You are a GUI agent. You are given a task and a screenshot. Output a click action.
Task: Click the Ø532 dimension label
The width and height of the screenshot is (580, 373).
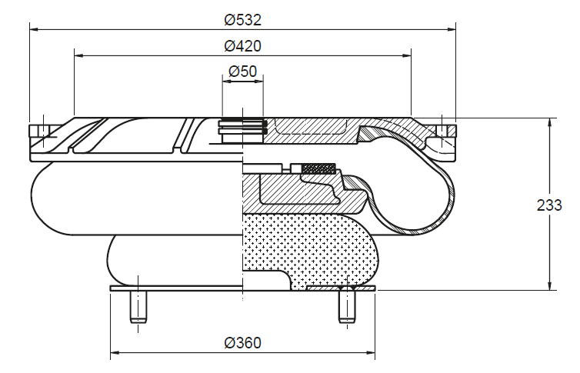click(242, 19)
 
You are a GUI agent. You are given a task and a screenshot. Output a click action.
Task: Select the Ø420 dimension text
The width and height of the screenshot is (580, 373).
click(242, 46)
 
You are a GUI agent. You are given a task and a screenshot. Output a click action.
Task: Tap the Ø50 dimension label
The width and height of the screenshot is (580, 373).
click(242, 71)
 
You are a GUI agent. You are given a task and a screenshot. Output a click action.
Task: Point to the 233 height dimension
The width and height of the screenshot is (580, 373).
click(549, 205)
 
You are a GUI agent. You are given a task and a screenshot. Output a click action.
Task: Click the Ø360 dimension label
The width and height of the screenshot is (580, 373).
click(242, 343)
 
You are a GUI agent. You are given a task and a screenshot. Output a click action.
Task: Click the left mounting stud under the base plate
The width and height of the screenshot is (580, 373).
click(138, 306)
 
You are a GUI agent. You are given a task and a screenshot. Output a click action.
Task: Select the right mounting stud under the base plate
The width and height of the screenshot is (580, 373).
click(347, 306)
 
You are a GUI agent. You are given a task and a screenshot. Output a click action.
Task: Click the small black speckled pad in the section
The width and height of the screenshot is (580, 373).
click(319, 168)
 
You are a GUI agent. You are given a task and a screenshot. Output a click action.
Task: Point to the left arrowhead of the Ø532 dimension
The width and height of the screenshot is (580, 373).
click(34, 28)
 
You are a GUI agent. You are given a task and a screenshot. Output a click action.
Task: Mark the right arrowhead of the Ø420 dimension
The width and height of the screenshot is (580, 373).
click(406, 55)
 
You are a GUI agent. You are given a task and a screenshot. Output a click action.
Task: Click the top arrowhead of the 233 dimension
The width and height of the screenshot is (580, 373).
click(550, 123)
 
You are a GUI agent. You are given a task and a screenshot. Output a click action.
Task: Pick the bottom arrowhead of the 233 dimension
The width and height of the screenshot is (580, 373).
click(550, 285)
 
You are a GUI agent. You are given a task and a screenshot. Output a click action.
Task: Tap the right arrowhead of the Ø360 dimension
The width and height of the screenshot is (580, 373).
click(370, 353)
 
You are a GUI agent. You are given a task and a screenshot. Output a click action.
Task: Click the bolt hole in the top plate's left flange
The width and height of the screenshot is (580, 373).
click(44, 131)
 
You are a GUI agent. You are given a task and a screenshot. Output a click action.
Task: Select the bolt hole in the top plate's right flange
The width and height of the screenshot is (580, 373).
click(442, 131)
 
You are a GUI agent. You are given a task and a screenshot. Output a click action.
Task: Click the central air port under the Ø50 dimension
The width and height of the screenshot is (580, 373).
click(242, 132)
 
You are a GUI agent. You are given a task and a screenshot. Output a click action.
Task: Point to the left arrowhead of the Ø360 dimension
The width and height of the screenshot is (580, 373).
click(115, 353)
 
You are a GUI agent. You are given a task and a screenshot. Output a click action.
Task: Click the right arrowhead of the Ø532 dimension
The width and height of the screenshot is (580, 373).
click(451, 28)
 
